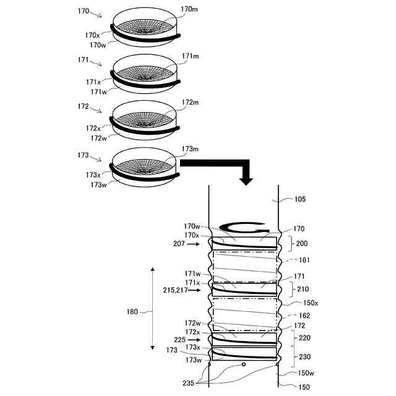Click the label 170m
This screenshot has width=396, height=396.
pyautogui.click(x=189, y=10)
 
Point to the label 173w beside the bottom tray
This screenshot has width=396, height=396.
pyautogui.click(x=98, y=184)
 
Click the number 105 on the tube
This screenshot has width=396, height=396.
pyautogui.click(x=300, y=199)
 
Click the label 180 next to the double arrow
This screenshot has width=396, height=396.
pyautogui.click(x=133, y=312)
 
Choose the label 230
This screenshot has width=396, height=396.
pyautogui.click(x=304, y=356)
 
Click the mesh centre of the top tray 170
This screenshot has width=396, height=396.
pyautogui.click(x=146, y=29)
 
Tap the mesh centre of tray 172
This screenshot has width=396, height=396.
pyautogui.click(x=146, y=124)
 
